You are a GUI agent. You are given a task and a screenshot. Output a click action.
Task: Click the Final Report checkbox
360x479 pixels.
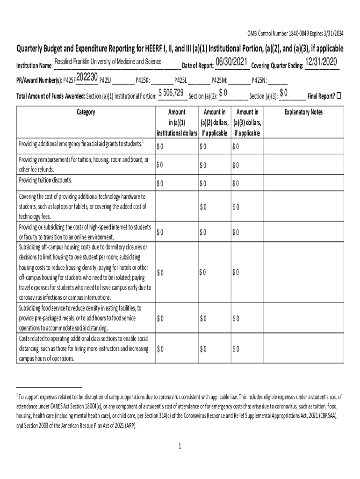coord(339,96)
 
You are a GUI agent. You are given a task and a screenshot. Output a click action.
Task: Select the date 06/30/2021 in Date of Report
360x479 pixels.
coord(231,62)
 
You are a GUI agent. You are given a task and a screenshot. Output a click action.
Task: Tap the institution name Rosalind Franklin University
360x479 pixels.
coord(108,62)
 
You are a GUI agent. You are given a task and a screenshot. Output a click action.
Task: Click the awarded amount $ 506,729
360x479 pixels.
coord(171,93)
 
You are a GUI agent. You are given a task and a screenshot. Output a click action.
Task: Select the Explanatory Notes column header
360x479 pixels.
coord(303,112)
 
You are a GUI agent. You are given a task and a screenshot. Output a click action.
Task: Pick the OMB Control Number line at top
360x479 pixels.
coord(295,33)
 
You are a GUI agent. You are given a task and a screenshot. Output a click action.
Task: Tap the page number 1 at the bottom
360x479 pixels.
coord(180,446)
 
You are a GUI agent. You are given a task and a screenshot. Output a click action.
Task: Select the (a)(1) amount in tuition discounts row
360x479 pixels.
coord(160,183)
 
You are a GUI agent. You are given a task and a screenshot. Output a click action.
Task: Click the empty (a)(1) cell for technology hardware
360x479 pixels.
coord(176,207)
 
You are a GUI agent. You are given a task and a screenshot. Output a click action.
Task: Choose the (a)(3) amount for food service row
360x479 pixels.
coord(235,319)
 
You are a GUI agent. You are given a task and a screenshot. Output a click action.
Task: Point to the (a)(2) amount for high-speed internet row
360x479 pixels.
coord(202,232)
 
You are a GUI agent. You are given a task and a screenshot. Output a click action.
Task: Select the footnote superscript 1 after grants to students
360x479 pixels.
coord(143,141)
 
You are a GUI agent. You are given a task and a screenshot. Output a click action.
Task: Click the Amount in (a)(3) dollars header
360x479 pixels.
coord(247,122)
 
